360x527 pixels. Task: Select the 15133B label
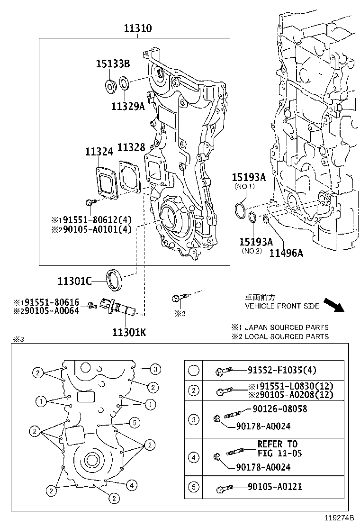(x=113, y=64)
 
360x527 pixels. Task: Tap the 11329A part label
(x=127, y=107)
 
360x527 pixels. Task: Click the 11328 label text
(x=131, y=148)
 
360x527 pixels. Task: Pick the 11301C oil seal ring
(x=116, y=280)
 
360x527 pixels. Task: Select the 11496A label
(x=286, y=253)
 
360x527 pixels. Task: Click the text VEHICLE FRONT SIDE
(x=282, y=306)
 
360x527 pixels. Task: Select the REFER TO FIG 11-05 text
(x=278, y=448)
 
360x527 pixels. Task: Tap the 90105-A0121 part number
(x=274, y=487)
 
